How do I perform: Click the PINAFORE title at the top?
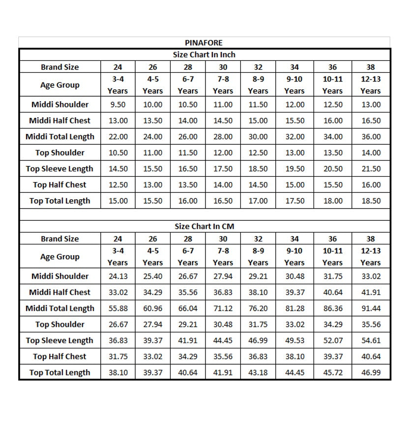[204, 43]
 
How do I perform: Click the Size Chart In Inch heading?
[204, 54]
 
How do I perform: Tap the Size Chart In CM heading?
[204, 226]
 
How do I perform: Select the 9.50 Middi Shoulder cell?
[118, 105]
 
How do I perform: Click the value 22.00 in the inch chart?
[118, 136]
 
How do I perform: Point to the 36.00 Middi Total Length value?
[371, 136]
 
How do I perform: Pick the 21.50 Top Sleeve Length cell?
[371, 169]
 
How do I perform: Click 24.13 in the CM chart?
[118, 276]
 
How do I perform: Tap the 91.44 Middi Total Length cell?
[371, 308]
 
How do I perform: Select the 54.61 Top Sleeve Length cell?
[371, 341]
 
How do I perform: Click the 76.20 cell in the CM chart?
[258, 308]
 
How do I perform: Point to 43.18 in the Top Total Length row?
[258, 372]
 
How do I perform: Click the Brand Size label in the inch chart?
[59, 67]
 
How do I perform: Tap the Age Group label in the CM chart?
[59, 257]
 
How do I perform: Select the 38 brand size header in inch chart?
[371, 67]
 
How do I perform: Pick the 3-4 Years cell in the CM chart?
[118, 257]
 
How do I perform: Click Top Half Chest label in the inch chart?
[59, 185]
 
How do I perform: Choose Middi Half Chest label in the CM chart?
[59, 292]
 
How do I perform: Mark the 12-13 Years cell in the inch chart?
[371, 85]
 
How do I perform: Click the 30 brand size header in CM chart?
[223, 239]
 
